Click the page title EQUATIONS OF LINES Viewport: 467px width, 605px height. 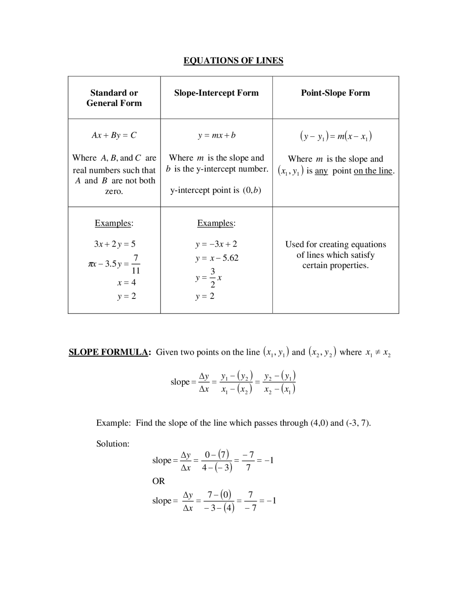(233, 61)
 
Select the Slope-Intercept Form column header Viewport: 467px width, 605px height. (216, 93)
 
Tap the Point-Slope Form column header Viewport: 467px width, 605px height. (335, 93)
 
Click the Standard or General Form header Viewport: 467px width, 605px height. (114, 98)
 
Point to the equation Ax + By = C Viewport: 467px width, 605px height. (114, 135)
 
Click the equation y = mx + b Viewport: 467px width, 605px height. (217, 135)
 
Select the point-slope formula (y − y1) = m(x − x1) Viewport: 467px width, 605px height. (335, 136)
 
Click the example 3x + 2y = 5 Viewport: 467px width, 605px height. (115, 244)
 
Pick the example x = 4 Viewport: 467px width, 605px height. (126, 282)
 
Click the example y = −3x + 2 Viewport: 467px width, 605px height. (216, 244)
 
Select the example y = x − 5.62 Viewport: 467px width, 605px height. (217, 258)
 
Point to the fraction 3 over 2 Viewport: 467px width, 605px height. (213, 278)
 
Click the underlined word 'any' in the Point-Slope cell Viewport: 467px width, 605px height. (321, 171)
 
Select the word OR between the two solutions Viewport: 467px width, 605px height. (159, 481)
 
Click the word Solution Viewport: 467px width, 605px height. (113, 444)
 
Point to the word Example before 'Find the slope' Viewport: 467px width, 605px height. (113, 423)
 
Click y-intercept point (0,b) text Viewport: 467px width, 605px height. (216, 190)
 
